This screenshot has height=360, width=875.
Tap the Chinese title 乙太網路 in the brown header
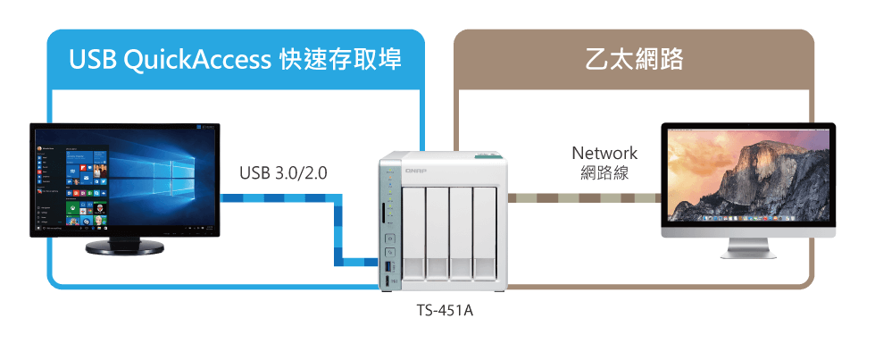(x=634, y=60)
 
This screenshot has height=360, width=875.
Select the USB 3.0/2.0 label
(x=284, y=173)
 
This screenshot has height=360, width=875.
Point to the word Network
(x=604, y=153)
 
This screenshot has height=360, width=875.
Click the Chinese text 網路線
(x=604, y=173)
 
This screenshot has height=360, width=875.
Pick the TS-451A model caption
(x=445, y=310)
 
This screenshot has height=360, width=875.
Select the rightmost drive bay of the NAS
(x=484, y=233)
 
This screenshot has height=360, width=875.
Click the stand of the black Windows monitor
(x=124, y=247)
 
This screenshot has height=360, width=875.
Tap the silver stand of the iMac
(x=748, y=248)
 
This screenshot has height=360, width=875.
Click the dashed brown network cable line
(x=584, y=198)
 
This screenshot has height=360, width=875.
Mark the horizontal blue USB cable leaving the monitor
(x=278, y=198)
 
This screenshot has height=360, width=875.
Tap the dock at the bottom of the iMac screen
(x=748, y=218)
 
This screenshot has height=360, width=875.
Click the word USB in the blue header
(x=92, y=60)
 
